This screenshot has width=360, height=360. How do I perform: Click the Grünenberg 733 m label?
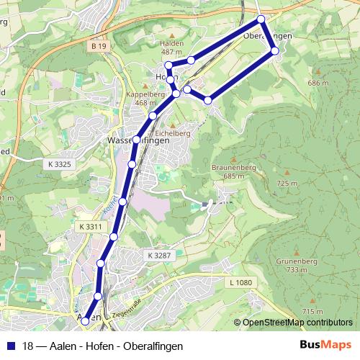coord(292,266)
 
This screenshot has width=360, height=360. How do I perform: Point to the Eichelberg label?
coord(173,132)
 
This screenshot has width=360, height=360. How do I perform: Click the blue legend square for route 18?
coord(10,346)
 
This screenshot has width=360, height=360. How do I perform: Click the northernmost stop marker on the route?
coord(261,19)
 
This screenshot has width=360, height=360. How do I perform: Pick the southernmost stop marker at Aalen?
coord(86,320)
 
